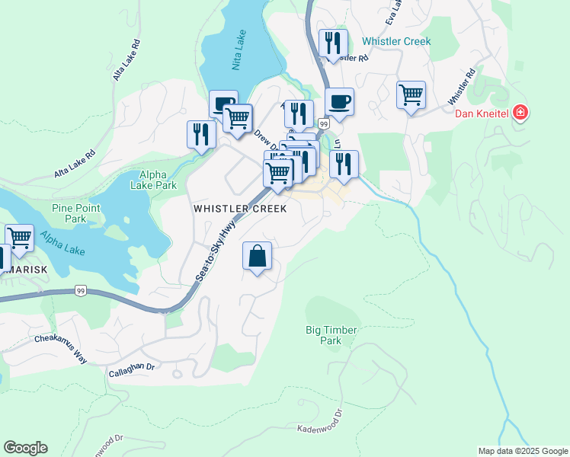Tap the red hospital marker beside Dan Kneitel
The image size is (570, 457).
click(x=520, y=113)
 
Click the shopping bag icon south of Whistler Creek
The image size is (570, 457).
click(x=258, y=257)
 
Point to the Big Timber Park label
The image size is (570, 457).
click(x=331, y=335)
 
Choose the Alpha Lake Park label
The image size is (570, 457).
click(x=153, y=180)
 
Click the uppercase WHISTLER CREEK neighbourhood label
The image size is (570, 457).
click(x=240, y=208)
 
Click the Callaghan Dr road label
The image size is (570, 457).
click(x=131, y=369)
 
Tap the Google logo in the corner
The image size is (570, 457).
click(x=25, y=448)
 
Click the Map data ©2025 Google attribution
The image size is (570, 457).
click(x=523, y=451)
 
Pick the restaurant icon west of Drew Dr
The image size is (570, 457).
click(x=200, y=135)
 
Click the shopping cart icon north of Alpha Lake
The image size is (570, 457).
click(x=238, y=118)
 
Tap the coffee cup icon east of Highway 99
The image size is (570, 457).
click(x=339, y=101)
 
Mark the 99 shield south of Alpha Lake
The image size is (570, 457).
click(x=81, y=290)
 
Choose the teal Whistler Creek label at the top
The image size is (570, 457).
click(x=396, y=42)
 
